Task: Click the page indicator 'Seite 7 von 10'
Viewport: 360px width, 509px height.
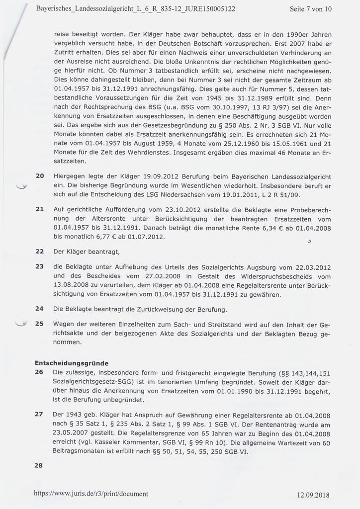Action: [x=310, y=9]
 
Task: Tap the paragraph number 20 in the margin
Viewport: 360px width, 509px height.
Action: [x=40, y=176]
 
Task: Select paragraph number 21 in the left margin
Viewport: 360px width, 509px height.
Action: [x=40, y=209]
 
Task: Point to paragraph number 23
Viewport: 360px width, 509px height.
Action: [x=40, y=266]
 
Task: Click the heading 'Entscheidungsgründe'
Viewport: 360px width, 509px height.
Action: [x=72, y=362]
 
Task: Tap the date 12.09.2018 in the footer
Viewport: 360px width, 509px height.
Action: [x=314, y=495]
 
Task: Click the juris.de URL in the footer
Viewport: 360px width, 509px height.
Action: [x=91, y=494]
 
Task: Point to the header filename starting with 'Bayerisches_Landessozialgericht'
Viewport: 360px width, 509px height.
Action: [x=136, y=9]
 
